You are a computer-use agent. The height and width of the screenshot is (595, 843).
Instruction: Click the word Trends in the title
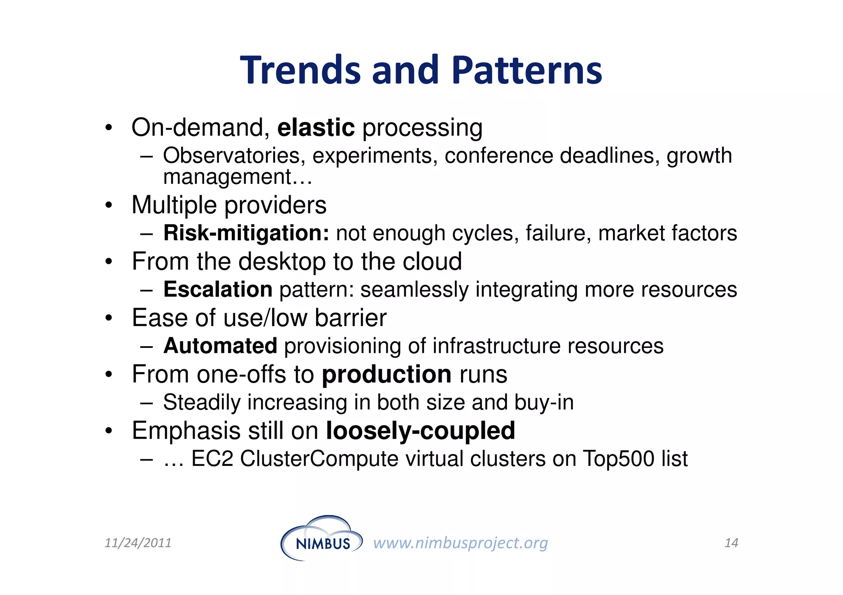pyautogui.click(x=300, y=71)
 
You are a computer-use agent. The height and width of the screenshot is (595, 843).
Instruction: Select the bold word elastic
pyautogui.click(x=316, y=127)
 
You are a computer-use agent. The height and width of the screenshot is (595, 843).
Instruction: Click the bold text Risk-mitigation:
pyautogui.click(x=246, y=233)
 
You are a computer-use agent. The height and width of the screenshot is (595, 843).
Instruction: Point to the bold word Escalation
pyautogui.click(x=218, y=289)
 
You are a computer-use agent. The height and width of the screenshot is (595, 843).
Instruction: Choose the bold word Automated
pyautogui.click(x=220, y=346)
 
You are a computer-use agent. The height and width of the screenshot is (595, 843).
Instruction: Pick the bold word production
pyautogui.click(x=387, y=375)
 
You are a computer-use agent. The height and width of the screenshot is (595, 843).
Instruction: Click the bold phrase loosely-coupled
pyautogui.click(x=420, y=431)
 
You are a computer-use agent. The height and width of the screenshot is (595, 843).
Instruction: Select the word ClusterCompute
pyautogui.click(x=319, y=459)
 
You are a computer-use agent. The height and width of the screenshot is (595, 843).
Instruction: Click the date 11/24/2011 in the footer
pyautogui.click(x=138, y=543)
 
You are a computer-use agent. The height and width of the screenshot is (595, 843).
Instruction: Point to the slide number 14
pyautogui.click(x=731, y=543)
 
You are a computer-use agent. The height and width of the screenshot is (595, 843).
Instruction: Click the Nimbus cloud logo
pyautogui.click(x=321, y=539)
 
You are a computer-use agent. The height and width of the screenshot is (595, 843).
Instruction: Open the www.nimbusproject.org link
pyautogui.click(x=460, y=543)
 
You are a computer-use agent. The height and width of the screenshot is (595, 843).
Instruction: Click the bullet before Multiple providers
pyautogui.click(x=108, y=205)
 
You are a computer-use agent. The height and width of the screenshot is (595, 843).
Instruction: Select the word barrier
pyautogui.click(x=350, y=318)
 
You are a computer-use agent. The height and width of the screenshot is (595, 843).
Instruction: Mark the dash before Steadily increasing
pyautogui.click(x=146, y=403)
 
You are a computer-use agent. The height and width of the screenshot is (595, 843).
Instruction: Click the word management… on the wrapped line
pyautogui.click(x=238, y=178)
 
